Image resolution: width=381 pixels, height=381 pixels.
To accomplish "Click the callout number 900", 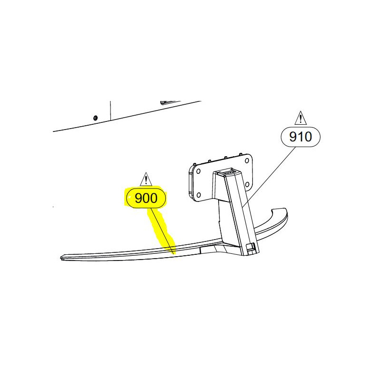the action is point(146,198).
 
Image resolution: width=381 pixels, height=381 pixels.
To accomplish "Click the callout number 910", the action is point(301,137).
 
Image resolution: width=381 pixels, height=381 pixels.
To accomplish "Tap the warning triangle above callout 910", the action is point(301,118).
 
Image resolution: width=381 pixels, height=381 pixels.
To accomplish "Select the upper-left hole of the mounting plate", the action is point(198,171).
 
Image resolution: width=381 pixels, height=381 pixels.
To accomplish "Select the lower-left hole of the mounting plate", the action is point(199,195).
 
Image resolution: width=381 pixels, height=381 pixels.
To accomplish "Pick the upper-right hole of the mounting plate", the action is point(247,160).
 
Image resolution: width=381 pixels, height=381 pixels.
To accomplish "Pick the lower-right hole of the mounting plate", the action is point(247,185).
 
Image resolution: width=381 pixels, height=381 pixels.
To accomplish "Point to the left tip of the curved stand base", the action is point(60,257).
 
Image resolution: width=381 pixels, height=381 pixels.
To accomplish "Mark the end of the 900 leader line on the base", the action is point(173,254).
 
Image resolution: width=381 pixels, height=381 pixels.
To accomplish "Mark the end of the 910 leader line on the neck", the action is point(243,207).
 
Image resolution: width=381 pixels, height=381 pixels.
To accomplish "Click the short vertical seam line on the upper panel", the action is point(110,110).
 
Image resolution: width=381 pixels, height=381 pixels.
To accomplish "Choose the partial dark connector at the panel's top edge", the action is point(170,102).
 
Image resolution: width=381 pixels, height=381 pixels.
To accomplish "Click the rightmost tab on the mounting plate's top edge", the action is point(241,154).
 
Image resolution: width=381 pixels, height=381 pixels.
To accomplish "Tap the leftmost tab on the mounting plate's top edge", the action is point(194,164).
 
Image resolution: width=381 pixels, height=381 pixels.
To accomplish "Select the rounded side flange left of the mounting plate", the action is point(191,180).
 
